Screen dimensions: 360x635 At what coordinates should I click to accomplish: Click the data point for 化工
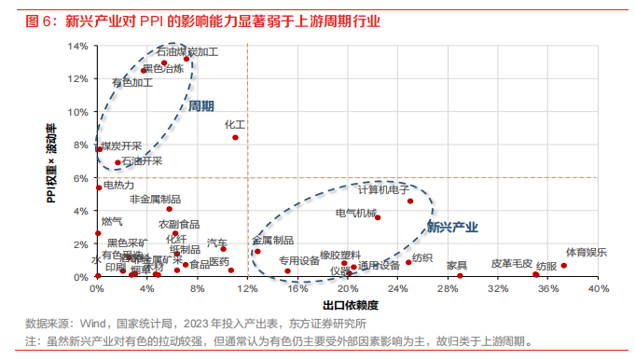pyautogui.click(x=235, y=137)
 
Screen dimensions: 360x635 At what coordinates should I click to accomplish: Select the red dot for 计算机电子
pyautogui.click(x=409, y=201)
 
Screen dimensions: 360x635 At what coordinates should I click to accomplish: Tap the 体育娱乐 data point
pyautogui.click(x=563, y=266)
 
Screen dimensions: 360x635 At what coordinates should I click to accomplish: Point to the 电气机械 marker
pyautogui.click(x=378, y=217)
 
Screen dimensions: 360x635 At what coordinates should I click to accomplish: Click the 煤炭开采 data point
pyautogui.click(x=100, y=149)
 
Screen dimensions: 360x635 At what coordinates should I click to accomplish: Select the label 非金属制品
pyautogui.click(x=155, y=199)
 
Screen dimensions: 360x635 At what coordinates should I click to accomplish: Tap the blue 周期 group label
pyautogui.click(x=201, y=106)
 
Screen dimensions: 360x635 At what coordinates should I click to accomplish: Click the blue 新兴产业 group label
pyautogui.click(x=452, y=227)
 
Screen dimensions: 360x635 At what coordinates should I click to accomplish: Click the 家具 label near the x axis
pyautogui.click(x=456, y=265)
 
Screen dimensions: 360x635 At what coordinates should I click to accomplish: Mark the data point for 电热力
pyautogui.click(x=98, y=187)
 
